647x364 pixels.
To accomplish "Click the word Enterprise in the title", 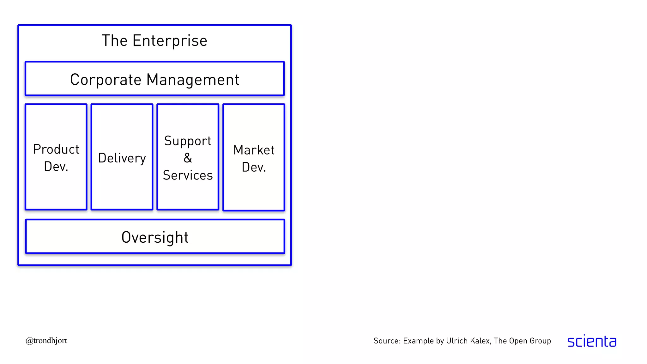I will [x=170, y=41].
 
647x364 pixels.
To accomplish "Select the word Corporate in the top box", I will [x=106, y=80].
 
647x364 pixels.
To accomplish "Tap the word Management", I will [x=193, y=80].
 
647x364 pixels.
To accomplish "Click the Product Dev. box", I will [x=56, y=186].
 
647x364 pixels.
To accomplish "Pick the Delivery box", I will [x=122, y=186].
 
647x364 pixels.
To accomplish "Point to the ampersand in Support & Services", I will [x=188, y=158].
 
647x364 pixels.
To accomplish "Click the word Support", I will [x=188, y=141].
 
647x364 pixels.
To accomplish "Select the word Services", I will [x=188, y=175].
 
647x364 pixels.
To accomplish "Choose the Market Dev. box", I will [x=254, y=190].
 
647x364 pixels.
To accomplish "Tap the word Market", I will [x=254, y=150].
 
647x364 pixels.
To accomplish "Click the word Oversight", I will [x=155, y=237].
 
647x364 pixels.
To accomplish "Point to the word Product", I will [x=56, y=149].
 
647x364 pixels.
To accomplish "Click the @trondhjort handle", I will [x=46, y=341].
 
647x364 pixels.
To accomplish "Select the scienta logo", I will [x=592, y=341].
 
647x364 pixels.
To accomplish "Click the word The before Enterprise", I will [x=114, y=41].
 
